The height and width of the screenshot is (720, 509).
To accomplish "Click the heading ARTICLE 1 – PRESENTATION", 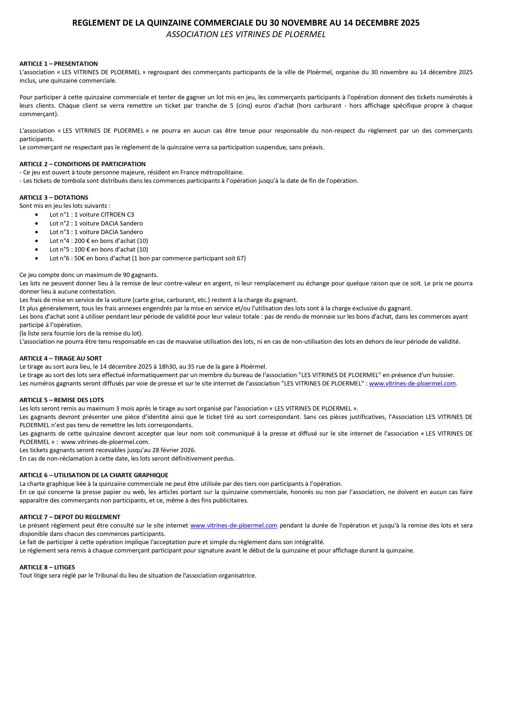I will [x=59, y=64].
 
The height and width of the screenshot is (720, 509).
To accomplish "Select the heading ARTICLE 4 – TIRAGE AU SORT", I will [x=60, y=358].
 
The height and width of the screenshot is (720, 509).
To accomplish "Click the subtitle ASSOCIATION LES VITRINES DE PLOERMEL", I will [x=246, y=35].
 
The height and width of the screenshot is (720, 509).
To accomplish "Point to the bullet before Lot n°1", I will [x=37, y=215].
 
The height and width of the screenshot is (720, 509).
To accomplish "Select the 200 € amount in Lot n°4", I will [x=81, y=241].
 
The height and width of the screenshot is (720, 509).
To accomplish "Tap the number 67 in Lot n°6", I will [x=240, y=258].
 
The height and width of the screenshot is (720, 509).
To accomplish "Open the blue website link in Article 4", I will [x=412, y=384].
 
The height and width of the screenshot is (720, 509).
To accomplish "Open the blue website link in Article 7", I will [x=234, y=525].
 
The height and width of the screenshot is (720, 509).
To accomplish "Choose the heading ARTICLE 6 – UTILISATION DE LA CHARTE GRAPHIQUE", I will [x=94, y=475].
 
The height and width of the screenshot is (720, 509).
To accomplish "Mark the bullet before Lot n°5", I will [x=37, y=250].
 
